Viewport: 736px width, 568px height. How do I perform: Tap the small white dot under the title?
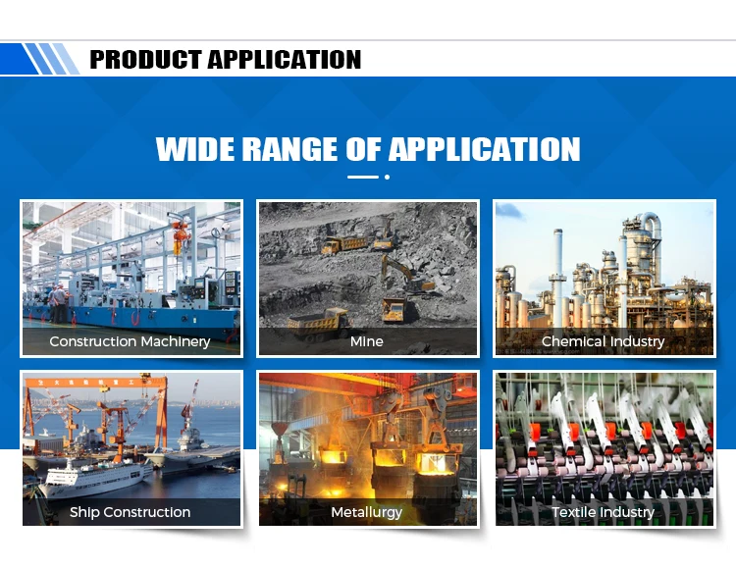387,177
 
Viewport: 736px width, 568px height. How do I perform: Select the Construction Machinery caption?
130,341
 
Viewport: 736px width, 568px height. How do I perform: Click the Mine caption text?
367,341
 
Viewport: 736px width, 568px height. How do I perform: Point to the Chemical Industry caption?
604,341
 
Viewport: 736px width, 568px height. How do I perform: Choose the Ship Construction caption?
130,512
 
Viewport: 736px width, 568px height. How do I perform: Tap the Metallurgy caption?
367,512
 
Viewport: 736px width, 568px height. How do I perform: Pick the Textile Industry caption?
604,512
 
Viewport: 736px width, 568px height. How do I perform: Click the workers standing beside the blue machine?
58,303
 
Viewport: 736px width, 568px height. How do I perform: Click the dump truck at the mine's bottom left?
319,323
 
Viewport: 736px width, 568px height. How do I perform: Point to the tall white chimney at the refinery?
557,277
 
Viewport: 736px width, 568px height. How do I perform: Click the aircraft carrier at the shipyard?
197,451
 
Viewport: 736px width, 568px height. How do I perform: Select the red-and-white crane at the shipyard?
190,406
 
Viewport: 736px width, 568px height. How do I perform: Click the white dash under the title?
363,177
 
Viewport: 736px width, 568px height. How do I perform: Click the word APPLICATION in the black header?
285,60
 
